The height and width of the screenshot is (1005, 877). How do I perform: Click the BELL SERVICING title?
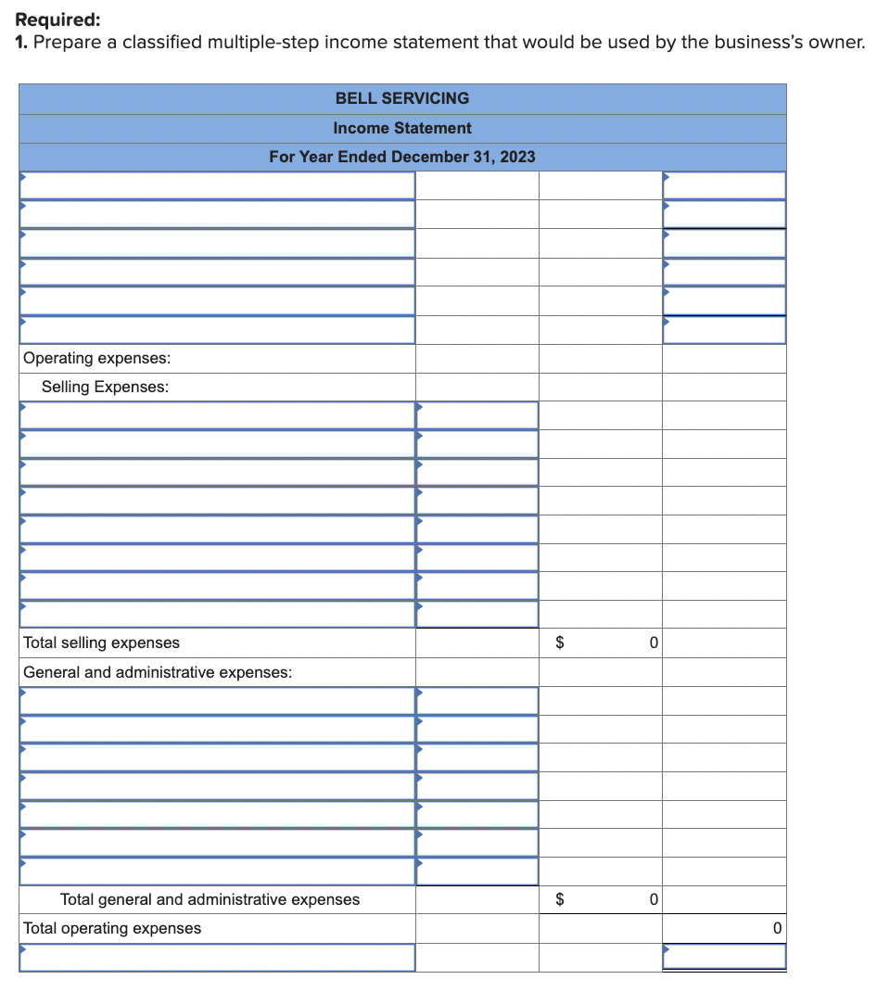click(x=401, y=98)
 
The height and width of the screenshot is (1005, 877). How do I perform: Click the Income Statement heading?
click(x=401, y=128)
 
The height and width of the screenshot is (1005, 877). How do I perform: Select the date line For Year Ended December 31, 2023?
click(x=401, y=157)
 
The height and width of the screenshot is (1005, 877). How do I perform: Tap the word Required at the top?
click(x=58, y=19)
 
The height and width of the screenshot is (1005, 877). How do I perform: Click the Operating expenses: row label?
click(x=96, y=358)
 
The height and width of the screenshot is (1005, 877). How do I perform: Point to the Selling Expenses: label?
click(x=105, y=387)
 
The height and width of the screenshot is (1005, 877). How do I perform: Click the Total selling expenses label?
click(x=101, y=642)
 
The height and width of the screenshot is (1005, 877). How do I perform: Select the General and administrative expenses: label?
click(x=158, y=672)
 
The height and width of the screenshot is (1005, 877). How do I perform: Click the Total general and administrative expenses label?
click(x=210, y=899)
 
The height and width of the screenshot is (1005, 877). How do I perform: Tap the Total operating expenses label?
click(x=111, y=928)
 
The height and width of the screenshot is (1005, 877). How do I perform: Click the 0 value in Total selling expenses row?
click(x=653, y=642)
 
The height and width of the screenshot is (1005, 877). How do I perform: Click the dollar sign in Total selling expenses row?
click(x=559, y=642)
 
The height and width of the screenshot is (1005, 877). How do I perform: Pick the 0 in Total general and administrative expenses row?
click(x=653, y=899)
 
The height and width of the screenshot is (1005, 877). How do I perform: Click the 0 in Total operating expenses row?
click(x=777, y=928)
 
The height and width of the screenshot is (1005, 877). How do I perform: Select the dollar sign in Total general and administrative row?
click(x=559, y=899)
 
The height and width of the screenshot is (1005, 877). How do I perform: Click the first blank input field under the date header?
click(x=217, y=185)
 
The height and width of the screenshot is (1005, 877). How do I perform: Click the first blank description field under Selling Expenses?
click(x=217, y=415)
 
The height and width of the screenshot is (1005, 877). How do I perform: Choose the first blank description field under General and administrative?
click(x=217, y=701)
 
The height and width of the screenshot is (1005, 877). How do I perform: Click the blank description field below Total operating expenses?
click(x=217, y=958)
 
